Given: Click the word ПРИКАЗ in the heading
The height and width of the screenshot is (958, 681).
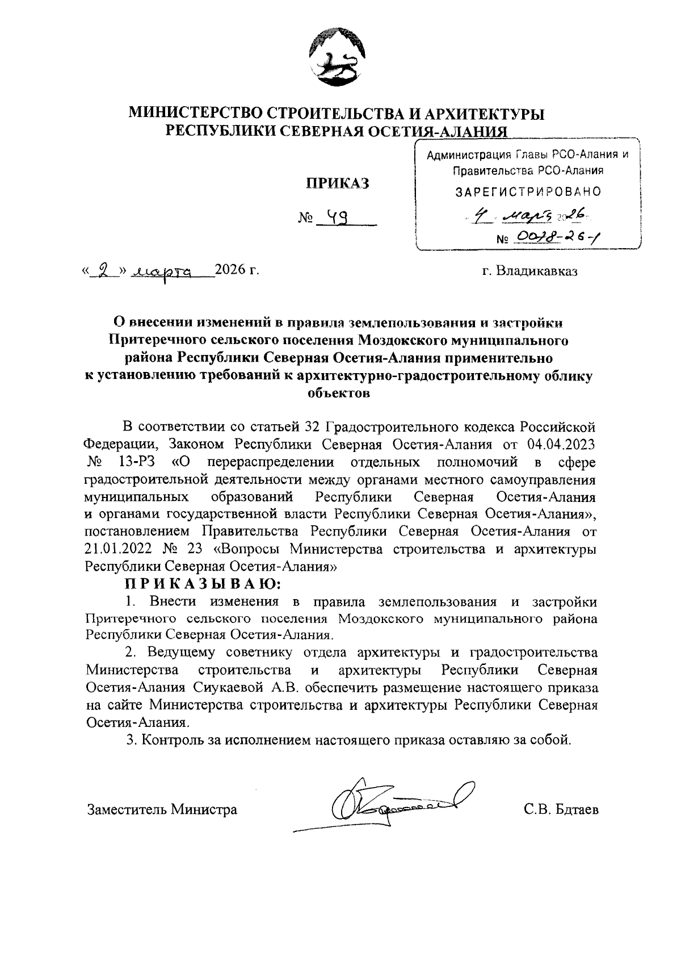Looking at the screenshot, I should pyautogui.click(x=338, y=183).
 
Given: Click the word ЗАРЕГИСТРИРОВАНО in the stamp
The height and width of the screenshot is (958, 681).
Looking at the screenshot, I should pyautogui.click(x=528, y=192).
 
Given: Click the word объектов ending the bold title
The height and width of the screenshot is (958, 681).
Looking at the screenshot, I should pyautogui.click(x=338, y=393).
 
